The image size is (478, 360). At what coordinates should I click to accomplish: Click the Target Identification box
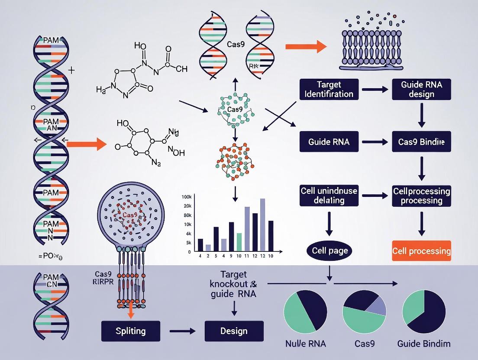pyautogui.click(x=329, y=89)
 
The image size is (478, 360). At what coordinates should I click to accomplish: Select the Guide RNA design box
pyautogui.click(x=421, y=89)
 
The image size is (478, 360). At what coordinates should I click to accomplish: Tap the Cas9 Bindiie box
pyautogui.click(x=421, y=141)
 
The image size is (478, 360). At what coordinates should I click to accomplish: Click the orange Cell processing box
pyautogui.click(x=421, y=251)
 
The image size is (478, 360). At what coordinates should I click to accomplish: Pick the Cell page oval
pyautogui.click(x=329, y=251)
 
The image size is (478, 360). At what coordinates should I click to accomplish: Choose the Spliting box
pyautogui.click(x=130, y=331)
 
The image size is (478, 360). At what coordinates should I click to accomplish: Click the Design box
pyautogui.click(x=234, y=331)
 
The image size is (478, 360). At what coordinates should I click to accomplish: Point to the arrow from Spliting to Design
pyautogui.click(x=182, y=331)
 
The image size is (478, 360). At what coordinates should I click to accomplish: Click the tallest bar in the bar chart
pyautogui.click(x=262, y=225)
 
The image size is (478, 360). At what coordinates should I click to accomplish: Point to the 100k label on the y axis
pyautogui.click(x=187, y=197)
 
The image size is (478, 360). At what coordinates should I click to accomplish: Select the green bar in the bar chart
pyautogui.click(x=239, y=242)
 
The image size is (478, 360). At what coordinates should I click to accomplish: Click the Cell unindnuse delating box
pyautogui.click(x=329, y=196)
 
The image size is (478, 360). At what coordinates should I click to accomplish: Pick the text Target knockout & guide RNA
pyautogui.click(x=234, y=284)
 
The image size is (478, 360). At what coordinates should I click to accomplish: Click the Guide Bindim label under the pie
pyautogui.click(x=423, y=344)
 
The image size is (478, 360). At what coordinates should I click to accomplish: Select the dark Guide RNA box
pyautogui.click(x=329, y=141)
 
